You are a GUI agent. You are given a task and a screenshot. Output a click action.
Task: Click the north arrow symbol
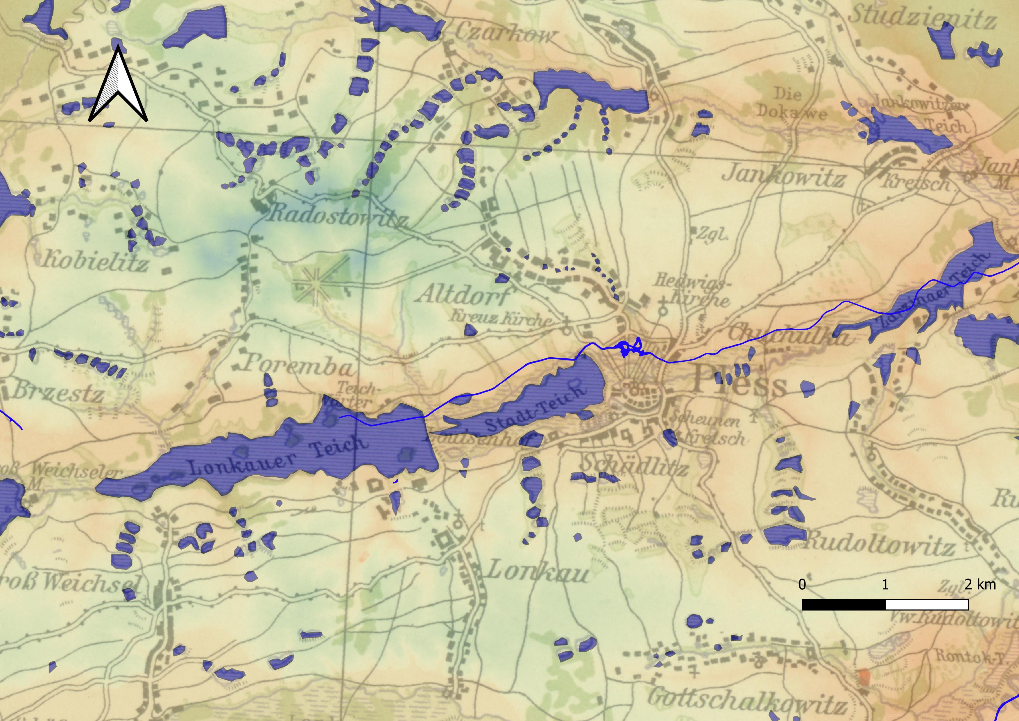pos(118,84)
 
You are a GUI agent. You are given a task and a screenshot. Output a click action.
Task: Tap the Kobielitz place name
pos(95,260)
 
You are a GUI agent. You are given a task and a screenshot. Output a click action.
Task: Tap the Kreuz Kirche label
pos(502,318)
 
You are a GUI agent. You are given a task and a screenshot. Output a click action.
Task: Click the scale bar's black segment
pos(843,605)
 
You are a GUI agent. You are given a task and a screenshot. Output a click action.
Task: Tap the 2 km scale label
pos(980,584)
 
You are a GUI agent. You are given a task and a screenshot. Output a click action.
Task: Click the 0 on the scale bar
pos(802,584)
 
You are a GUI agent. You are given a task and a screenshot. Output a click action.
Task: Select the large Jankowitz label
pos(783,177)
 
